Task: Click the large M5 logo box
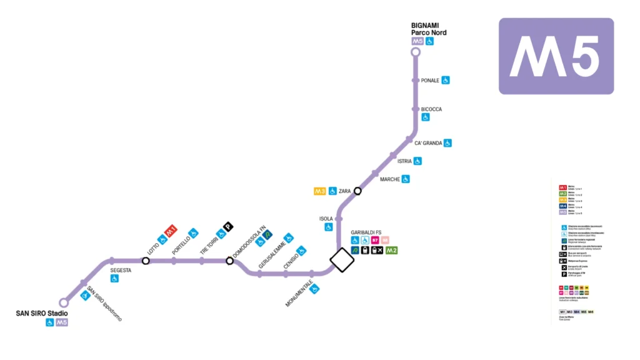point(556,56)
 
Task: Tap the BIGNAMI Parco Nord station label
point(429,29)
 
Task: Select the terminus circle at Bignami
point(416,52)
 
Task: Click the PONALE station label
point(430,81)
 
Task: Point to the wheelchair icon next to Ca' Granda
point(447,143)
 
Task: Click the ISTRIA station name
point(404,161)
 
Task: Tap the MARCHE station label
point(389,179)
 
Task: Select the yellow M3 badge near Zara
point(320,191)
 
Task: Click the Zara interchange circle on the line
point(357,191)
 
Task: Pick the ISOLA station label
point(326,219)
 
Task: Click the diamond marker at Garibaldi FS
point(342,260)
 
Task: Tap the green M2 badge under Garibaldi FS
point(392,251)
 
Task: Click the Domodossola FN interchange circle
point(229,261)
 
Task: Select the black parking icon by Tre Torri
point(229,227)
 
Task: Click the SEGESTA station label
point(121,270)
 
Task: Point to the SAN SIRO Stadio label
point(42,313)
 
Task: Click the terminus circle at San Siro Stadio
point(64,302)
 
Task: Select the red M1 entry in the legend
point(562,187)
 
